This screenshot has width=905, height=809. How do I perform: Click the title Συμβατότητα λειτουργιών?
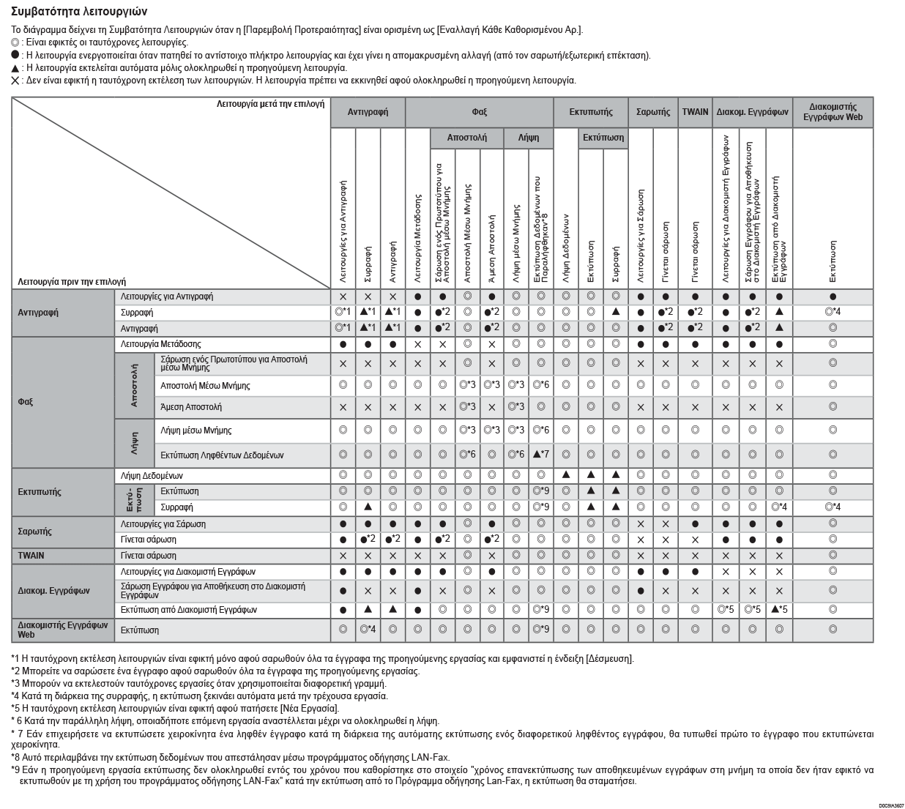coord(79,12)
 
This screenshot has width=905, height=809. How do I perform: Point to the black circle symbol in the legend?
coord(15,55)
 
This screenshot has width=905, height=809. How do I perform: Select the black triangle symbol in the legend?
coord(15,68)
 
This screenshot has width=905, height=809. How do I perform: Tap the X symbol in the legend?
coord(15,81)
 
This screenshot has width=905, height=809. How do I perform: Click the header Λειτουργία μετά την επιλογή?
coord(270,105)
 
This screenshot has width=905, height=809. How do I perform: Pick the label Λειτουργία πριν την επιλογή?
coord(72,281)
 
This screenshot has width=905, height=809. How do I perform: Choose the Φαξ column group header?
coord(479,112)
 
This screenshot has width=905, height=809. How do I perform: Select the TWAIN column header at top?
coord(695,112)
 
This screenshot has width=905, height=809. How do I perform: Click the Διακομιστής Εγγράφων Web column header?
coord(833,112)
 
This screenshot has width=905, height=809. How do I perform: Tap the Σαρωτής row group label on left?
coord(34,532)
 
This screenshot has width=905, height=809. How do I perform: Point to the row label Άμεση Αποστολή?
coord(190,407)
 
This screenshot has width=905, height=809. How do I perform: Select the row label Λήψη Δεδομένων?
coord(152,476)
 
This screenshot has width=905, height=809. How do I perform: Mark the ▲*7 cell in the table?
coord(541,455)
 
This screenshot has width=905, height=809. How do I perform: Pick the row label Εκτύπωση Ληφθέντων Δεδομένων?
coord(222,455)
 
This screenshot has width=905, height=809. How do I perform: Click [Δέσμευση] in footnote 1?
coord(610,659)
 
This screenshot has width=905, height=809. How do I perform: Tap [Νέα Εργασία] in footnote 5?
coord(310,709)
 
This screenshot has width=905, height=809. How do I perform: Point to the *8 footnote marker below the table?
coord(15,758)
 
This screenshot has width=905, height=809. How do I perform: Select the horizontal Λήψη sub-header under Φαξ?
coord(528,138)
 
